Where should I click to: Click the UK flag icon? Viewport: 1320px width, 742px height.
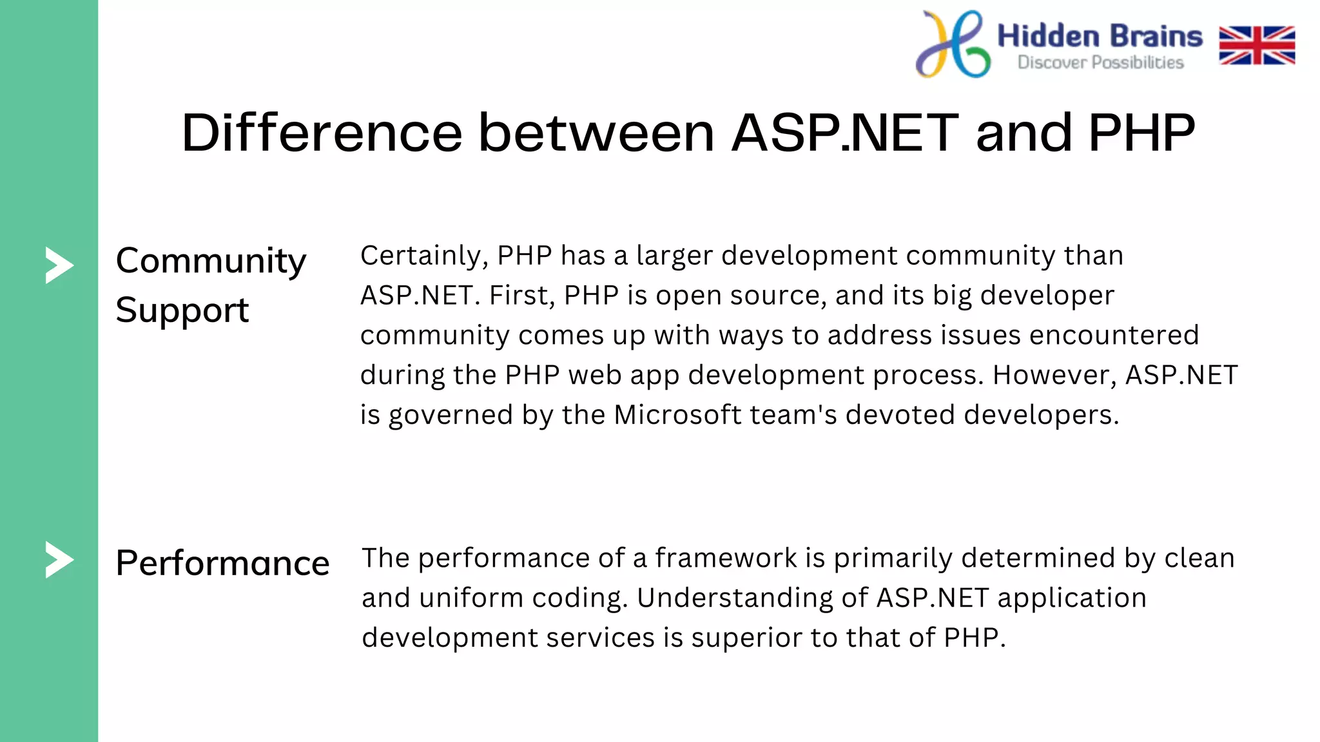(1257, 45)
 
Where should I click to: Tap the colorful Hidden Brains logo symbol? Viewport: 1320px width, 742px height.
(953, 44)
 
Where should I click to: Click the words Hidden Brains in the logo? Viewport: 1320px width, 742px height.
(1100, 36)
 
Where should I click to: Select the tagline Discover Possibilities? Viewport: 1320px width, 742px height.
(1100, 62)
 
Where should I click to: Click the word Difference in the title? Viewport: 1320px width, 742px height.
(322, 133)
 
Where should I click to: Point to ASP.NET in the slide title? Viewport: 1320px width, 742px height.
(845, 133)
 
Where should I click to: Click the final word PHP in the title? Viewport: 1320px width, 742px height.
(1141, 133)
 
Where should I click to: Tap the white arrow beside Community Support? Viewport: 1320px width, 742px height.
(59, 265)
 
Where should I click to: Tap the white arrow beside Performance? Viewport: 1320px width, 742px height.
(59, 560)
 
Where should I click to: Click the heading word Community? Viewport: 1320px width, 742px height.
(211, 262)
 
